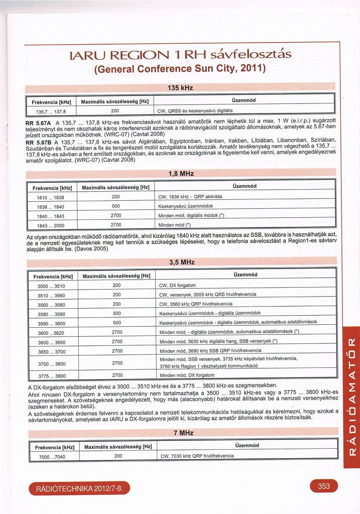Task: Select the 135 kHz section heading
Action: point(180,88)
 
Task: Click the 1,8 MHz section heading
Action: point(180,174)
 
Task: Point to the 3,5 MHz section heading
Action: point(180,263)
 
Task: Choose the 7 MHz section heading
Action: point(180,432)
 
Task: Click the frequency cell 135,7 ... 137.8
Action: point(49,111)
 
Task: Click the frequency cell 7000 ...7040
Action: point(52,457)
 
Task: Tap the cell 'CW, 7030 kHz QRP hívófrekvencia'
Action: point(196,456)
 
